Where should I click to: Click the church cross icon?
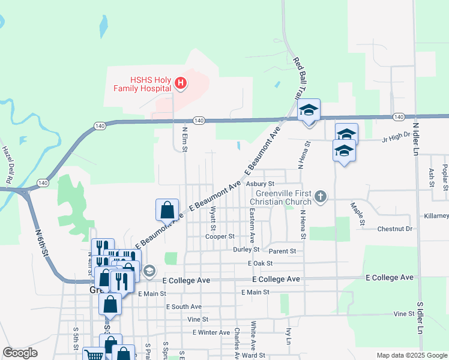click(321, 196)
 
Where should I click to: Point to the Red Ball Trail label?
click(297, 79)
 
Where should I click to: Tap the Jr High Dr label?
click(396, 139)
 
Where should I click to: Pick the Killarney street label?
click(436, 215)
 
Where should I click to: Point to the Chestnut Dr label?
click(395, 229)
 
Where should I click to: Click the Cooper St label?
click(219, 236)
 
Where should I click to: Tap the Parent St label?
click(283, 251)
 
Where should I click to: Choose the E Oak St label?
click(260, 263)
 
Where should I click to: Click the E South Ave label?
click(184, 307)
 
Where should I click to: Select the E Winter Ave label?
click(211, 332)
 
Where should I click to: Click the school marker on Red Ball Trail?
click(309, 110)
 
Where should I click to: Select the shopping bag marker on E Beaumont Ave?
click(167, 210)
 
